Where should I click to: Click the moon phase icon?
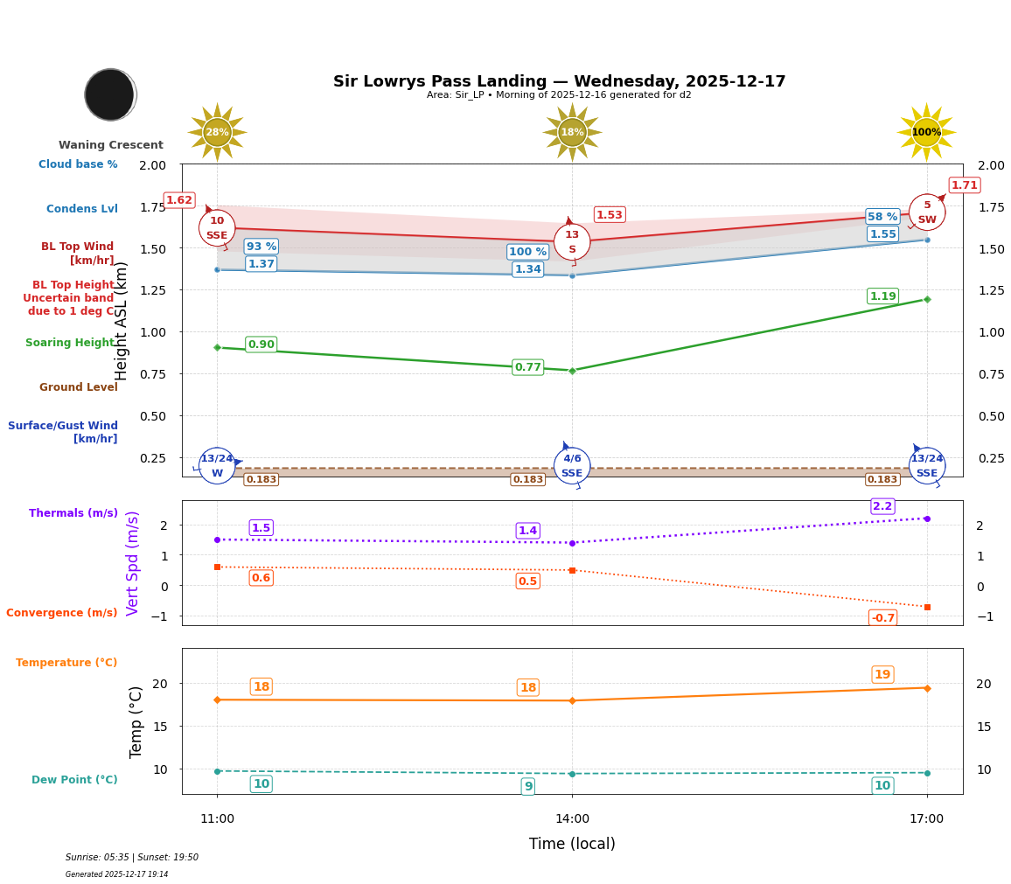pos(110,94)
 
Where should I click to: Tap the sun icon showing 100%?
pos(926,132)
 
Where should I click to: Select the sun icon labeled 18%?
pos(572,132)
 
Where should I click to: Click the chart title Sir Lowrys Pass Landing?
pos(559,81)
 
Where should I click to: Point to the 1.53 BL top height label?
pos(609,215)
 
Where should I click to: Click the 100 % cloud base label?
pos(527,252)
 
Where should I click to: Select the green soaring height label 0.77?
pos(527,367)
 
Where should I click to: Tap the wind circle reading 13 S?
pos(572,242)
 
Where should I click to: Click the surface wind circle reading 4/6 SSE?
pos(572,466)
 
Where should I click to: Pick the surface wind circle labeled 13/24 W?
pos(217,466)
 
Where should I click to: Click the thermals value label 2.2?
pos(882,506)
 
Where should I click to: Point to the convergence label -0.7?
pos(882,618)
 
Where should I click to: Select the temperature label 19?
pos(882,674)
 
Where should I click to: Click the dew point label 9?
pos(528,786)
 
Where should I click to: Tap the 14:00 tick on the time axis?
pos(572,818)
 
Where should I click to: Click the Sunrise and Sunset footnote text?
pos(132,858)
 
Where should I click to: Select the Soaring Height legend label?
pos(70,343)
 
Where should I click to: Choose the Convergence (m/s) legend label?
pos(62,613)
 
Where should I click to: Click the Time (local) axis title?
pos(572,844)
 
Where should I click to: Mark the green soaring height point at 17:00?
pos(927,299)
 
